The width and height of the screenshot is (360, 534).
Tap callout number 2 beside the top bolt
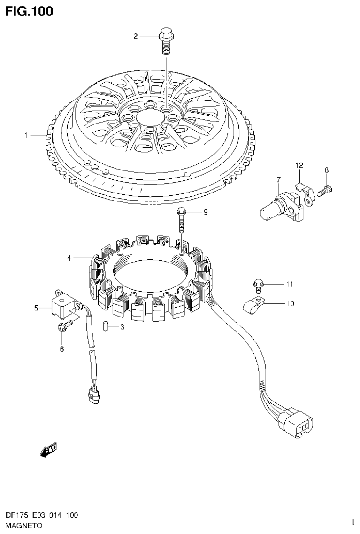coord(135,36)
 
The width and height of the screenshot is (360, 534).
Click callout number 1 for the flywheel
coord(27,135)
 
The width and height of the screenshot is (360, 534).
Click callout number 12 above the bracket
coord(299,165)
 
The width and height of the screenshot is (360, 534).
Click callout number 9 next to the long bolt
coord(205,212)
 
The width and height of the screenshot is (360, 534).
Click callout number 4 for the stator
coord(69,258)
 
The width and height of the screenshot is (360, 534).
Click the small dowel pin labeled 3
coord(106,326)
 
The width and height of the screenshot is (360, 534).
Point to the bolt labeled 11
coord(258,283)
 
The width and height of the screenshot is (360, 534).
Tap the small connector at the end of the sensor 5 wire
coord(93,395)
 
